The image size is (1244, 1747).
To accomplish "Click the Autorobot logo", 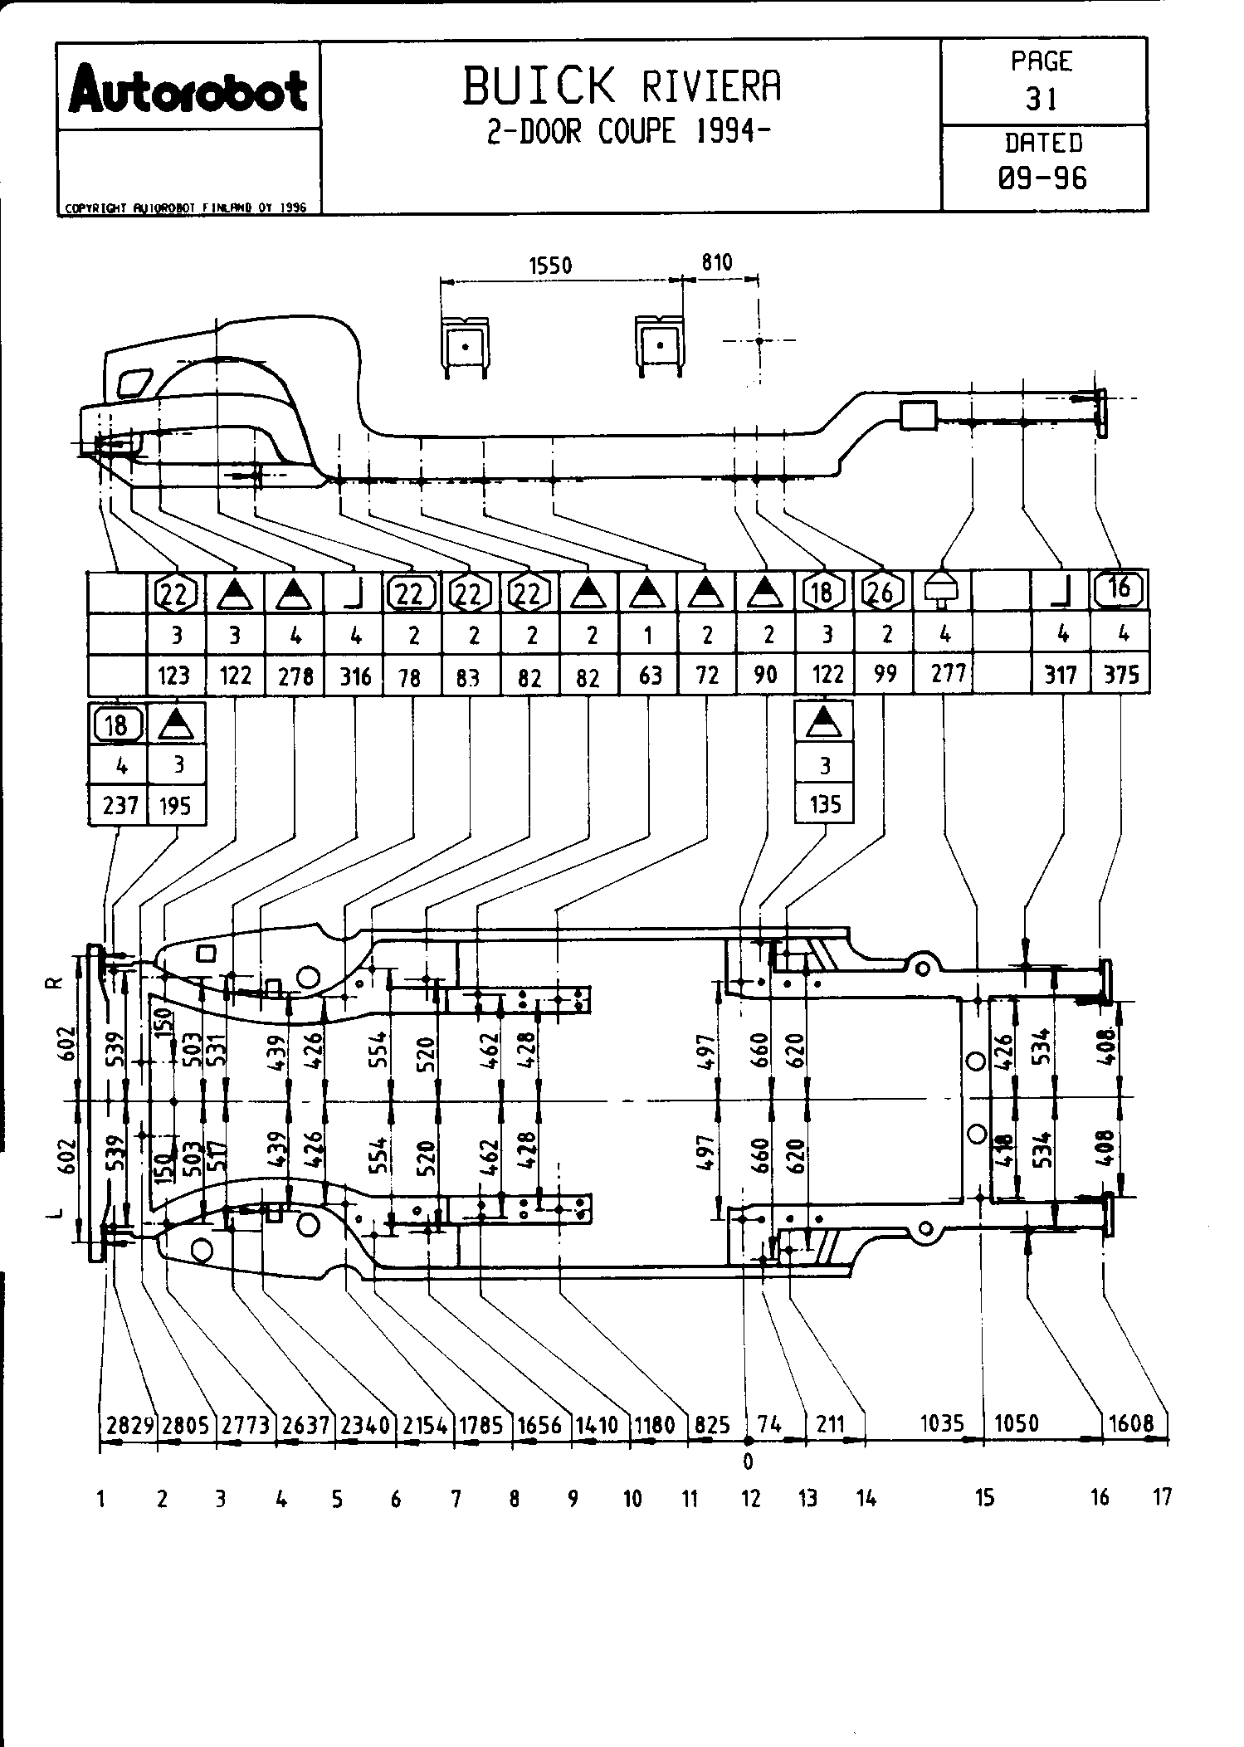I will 188,91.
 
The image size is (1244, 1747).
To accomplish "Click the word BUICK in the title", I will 539,86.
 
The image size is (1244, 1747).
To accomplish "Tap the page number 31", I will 1042,100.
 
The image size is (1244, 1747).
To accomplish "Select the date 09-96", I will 1043,178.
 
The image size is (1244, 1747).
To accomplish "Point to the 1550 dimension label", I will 550,266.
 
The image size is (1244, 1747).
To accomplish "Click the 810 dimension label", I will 716,263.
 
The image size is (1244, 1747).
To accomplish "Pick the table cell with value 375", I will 1121,675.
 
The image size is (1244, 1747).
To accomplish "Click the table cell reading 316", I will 356,676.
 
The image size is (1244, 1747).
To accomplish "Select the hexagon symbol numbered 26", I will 883,592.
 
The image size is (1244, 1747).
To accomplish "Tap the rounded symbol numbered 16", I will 1119,588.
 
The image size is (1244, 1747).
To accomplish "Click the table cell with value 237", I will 119,804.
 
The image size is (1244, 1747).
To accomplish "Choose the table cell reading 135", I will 824,804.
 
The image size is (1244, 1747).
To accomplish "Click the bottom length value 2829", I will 130,1425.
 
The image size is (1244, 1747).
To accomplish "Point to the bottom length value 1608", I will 1131,1423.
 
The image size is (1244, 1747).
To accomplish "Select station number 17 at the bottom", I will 1162,1496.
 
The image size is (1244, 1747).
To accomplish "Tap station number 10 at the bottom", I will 632,1498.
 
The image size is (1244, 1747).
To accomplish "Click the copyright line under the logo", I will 186,207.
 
